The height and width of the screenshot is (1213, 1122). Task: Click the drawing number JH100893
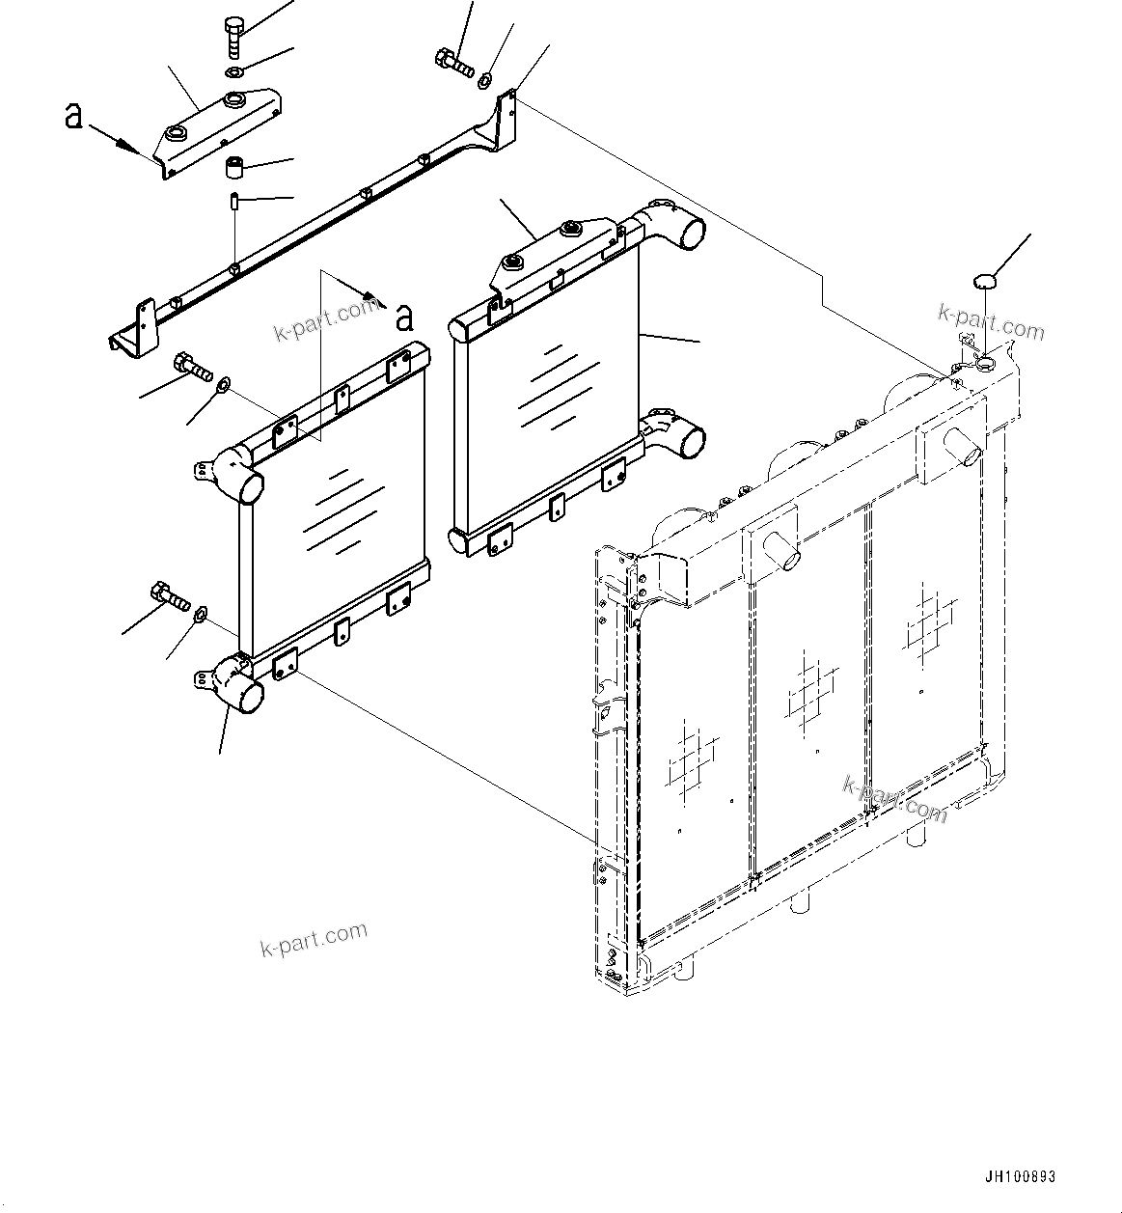tap(1020, 1177)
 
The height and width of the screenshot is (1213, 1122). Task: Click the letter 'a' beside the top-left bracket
tap(73, 115)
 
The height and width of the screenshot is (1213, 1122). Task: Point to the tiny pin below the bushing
tap(234, 202)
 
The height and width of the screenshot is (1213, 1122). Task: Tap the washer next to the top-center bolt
tap(487, 78)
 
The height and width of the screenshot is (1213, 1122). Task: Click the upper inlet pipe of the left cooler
tap(239, 476)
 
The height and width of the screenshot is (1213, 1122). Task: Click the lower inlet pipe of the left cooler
tap(240, 684)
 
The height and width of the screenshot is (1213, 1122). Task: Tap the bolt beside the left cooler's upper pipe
tap(193, 367)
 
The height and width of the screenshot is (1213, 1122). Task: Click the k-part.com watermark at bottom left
tap(314, 939)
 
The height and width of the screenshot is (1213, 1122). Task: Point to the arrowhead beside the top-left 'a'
tap(124, 146)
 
